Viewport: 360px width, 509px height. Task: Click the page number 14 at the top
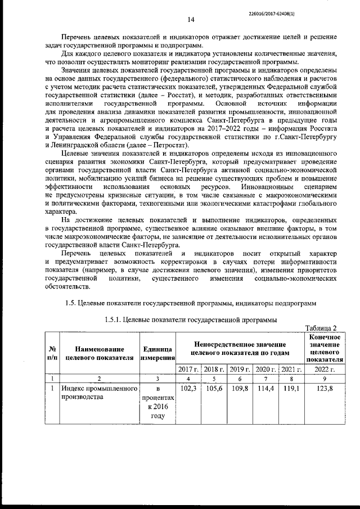pyautogui.click(x=191, y=20)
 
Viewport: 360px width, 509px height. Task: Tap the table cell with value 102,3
pyautogui.click(x=188, y=389)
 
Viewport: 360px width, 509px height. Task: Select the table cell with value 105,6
pyautogui.click(x=214, y=389)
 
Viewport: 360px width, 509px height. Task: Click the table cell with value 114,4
pyautogui.click(x=265, y=389)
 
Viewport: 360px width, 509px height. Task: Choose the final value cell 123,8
pyautogui.click(x=325, y=389)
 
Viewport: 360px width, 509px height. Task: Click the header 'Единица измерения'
pyautogui.click(x=158, y=352)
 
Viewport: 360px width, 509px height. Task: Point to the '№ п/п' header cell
pyautogui.click(x=51, y=352)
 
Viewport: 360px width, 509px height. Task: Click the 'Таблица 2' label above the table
pyautogui.click(x=321, y=328)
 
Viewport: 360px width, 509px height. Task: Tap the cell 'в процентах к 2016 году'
pyautogui.click(x=158, y=402)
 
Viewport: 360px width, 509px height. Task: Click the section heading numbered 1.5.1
pyautogui.click(x=191, y=319)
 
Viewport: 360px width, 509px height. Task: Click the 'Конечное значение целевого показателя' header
pyautogui.click(x=325, y=348)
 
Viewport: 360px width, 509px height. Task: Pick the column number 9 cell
pyautogui.click(x=325, y=379)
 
